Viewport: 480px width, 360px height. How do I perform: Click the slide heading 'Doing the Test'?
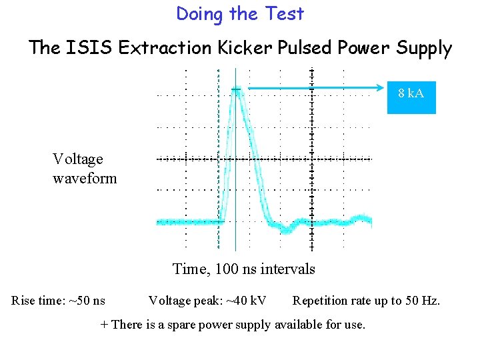click(x=240, y=14)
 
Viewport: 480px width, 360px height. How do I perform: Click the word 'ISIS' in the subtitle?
click(x=83, y=48)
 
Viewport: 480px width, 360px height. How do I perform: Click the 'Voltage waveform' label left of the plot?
click(x=85, y=169)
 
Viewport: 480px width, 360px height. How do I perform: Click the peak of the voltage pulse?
click(x=237, y=89)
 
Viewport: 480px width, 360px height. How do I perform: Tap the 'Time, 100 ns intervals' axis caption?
click(x=243, y=269)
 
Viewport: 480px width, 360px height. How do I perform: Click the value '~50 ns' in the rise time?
click(x=87, y=301)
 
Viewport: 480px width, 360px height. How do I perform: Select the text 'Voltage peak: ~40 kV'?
click(x=207, y=301)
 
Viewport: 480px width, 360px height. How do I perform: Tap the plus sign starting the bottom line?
click(x=103, y=325)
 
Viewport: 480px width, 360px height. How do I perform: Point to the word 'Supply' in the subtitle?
click(x=425, y=48)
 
